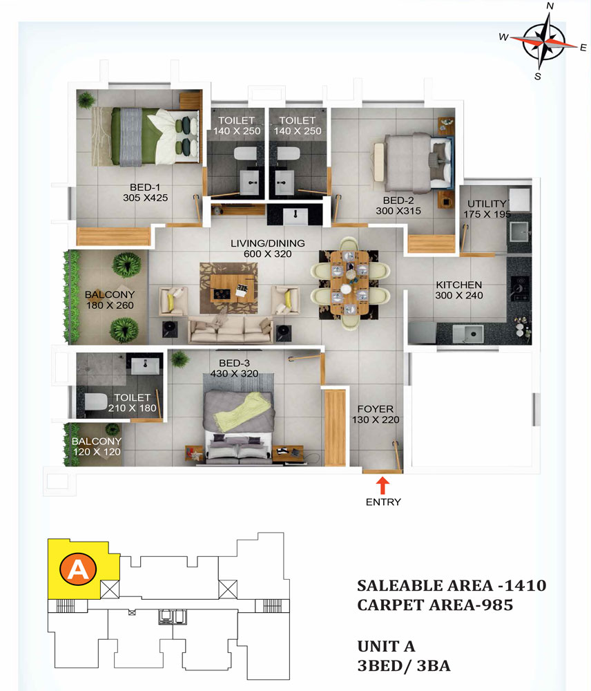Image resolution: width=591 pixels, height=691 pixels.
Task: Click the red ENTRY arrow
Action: point(382,486)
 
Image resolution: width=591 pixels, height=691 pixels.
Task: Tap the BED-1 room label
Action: point(145,187)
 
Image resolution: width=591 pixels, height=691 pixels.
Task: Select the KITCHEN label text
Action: point(459,285)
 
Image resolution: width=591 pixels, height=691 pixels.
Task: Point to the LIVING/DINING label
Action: point(268,243)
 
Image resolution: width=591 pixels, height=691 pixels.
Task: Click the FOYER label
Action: point(375,409)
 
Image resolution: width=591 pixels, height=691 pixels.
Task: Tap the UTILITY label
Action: point(487,204)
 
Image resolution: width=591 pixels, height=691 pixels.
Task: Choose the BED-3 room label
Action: point(234,363)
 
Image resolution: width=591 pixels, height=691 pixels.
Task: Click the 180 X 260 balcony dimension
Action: point(110,305)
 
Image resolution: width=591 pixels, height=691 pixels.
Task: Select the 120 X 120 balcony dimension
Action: point(97,452)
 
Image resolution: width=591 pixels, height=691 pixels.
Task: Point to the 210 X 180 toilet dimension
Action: point(132,408)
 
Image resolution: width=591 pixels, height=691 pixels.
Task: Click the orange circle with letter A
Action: point(78,569)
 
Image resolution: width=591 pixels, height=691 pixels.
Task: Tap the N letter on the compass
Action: point(550,6)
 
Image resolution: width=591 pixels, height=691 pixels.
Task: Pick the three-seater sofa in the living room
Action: point(231,329)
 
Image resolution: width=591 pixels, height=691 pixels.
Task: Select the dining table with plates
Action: point(349,283)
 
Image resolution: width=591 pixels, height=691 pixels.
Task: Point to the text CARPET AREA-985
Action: point(435,605)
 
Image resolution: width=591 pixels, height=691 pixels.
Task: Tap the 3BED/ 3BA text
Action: point(404,665)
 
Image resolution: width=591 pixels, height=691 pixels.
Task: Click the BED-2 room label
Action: point(398,200)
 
